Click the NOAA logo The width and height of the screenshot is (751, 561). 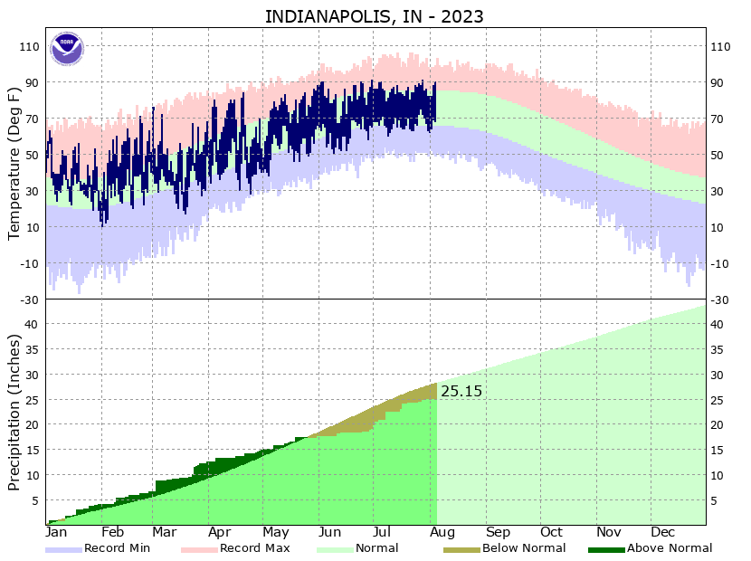66,48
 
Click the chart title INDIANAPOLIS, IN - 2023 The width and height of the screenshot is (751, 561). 374,17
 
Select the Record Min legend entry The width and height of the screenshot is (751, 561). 117,547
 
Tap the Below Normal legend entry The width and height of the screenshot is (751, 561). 524,547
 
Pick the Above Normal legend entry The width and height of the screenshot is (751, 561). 669,547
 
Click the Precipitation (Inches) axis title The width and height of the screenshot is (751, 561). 14,413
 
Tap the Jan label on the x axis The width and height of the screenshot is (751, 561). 56,532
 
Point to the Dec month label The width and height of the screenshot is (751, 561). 663,532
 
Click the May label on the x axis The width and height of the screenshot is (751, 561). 276,532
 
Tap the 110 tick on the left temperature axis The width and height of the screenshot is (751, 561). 29,46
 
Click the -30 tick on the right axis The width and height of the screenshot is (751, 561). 721,300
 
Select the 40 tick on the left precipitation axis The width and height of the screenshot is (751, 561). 33,324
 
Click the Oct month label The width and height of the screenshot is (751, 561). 551,532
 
